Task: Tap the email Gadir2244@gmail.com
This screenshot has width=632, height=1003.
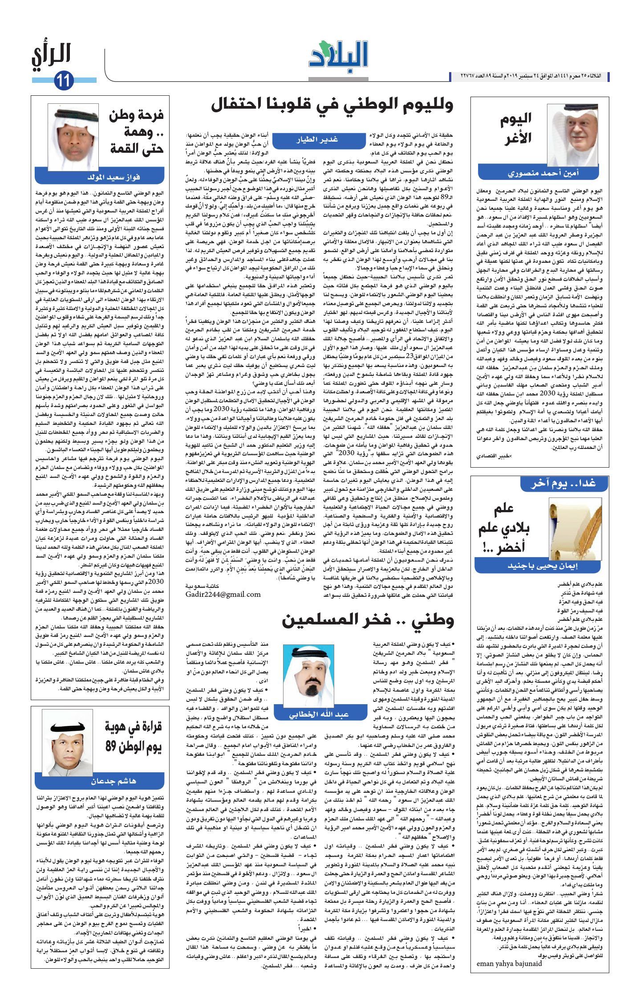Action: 223,594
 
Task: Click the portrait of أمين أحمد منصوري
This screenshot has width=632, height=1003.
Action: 572,135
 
